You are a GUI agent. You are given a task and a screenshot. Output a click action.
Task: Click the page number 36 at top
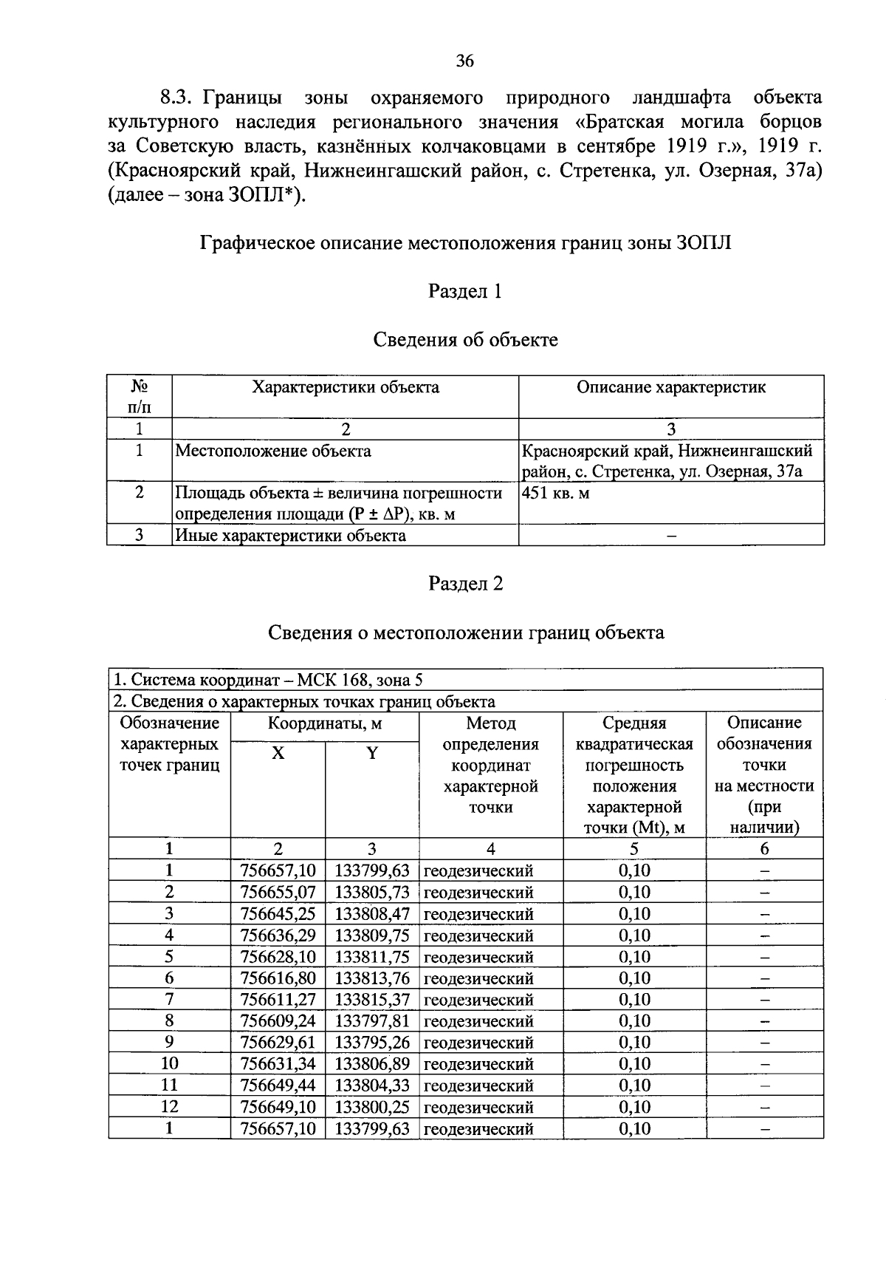pos(465,62)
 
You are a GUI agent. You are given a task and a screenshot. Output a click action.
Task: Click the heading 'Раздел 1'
pos(465,292)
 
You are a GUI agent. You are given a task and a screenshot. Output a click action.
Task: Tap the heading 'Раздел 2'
pos(465,584)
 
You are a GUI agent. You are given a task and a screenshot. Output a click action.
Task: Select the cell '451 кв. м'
pos(556,493)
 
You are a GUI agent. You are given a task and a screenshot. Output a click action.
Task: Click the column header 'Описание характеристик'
pos(670,387)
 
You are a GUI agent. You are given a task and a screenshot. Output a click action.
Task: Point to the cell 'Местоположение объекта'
pos(273,451)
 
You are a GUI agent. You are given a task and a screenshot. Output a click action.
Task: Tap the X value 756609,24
pos(278,1020)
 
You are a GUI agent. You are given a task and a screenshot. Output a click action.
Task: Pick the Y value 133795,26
pos(372,1042)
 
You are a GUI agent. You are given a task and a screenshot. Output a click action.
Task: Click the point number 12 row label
pos(169,1106)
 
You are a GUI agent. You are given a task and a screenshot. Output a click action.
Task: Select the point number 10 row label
pos(169,1063)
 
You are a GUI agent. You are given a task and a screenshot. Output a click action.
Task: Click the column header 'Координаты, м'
pos(325,723)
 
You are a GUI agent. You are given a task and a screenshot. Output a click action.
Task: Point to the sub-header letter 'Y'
pos(372,754)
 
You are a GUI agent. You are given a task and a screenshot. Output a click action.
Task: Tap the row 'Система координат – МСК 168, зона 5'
pos(267,680)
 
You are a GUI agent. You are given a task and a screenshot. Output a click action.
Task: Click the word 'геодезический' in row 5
pos(478,957)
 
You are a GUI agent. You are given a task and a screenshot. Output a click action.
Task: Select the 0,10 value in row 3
pos(634,914)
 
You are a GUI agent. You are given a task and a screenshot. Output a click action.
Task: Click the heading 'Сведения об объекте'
pos(465,340)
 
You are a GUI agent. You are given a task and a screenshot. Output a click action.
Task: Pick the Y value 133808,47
pos(372,914)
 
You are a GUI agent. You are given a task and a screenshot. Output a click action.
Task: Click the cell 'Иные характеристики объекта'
pos(290,535)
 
